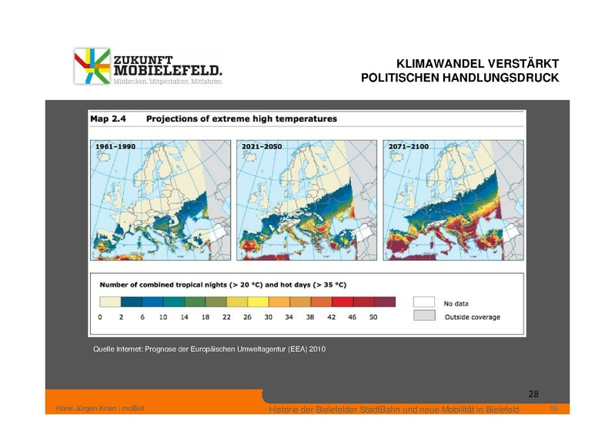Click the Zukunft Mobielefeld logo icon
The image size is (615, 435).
(91, 66)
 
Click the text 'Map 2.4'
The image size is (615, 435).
(109, 119)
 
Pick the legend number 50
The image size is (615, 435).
(373, 317)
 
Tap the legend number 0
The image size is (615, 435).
(101, 317)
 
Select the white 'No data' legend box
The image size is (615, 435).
(425, 302)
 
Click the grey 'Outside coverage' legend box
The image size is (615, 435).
(425, 316)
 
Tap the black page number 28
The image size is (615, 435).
(533, 395)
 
